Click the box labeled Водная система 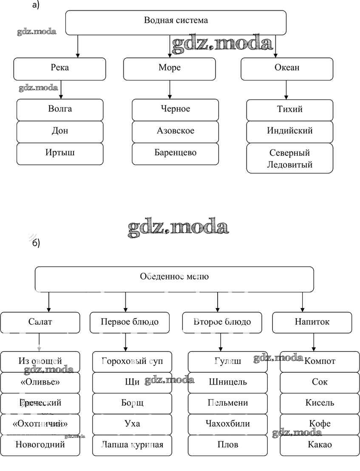[176, 22]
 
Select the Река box [60, 69]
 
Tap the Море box [170, 69]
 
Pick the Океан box [287, 69]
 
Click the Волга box [60, 110]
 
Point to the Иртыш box [60, 154]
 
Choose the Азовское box [175, 131]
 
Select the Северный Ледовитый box [290, 158]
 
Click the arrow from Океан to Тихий [286, 90]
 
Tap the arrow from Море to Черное [170, 89]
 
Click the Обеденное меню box [174, 279]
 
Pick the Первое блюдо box [130, 323]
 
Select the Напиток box [312, 323]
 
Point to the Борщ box [132, 403]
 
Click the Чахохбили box [228, 424]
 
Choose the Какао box [320, 445]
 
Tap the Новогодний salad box [40, 445]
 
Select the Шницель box [228, 383]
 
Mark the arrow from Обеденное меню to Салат [49, 302]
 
